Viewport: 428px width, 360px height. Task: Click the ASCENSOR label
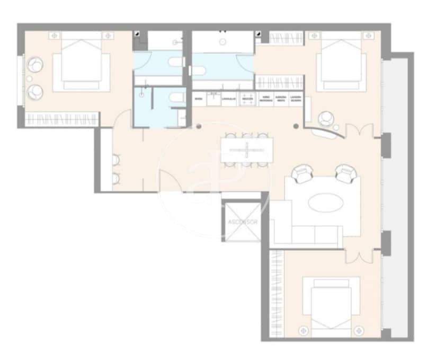tap(243, 222)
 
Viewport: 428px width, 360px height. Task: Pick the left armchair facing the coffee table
tap(304, 173)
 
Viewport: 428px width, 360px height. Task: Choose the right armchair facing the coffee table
tap(345, 173)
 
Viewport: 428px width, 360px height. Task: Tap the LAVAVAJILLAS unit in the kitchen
tap(229, 99)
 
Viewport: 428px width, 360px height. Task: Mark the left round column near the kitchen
tap(199, 126)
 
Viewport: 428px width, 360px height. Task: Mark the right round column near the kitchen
tap(296, 126)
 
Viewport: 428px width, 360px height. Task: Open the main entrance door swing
tap(174, 183)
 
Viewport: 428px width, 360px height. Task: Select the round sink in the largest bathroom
tap(223, 40)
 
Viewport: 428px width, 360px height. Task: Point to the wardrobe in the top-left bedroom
tap(62, 119)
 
